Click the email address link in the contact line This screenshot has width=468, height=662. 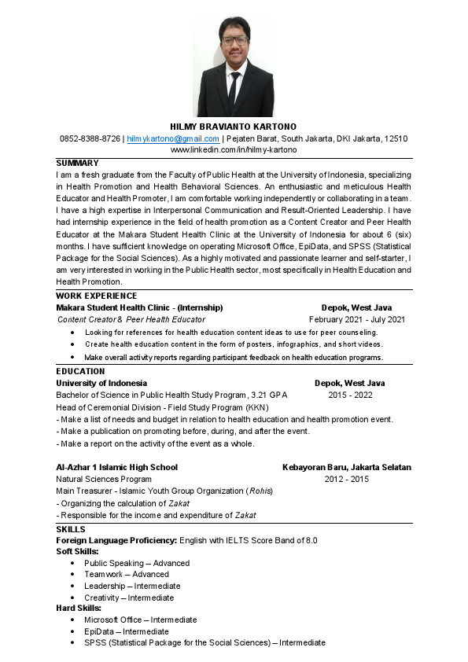click(173, 138)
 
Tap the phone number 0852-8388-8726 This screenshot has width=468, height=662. click(90, 138)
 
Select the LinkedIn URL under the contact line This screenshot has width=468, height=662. click(234, 149)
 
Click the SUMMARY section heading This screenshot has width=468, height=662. click(77, 163)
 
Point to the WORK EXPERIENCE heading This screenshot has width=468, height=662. click(91, 296)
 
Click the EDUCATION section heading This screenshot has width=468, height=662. click(80, 371)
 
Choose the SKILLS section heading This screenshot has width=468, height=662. click(71, 530)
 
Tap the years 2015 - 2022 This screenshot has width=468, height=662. click(350, 395)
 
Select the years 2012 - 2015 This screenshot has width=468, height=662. click(347, 479)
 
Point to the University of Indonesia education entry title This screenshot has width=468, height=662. click(101, 383)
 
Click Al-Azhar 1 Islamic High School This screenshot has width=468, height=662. click(116, 467)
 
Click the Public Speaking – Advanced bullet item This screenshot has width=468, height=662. click(137, 563)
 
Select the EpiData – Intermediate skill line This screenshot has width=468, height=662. click(126, 631)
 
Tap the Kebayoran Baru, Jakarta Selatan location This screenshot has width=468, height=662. click(347, 467)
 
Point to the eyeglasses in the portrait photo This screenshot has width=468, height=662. click(234, 39)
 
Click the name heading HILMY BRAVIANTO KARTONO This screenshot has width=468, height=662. click(234, 127)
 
